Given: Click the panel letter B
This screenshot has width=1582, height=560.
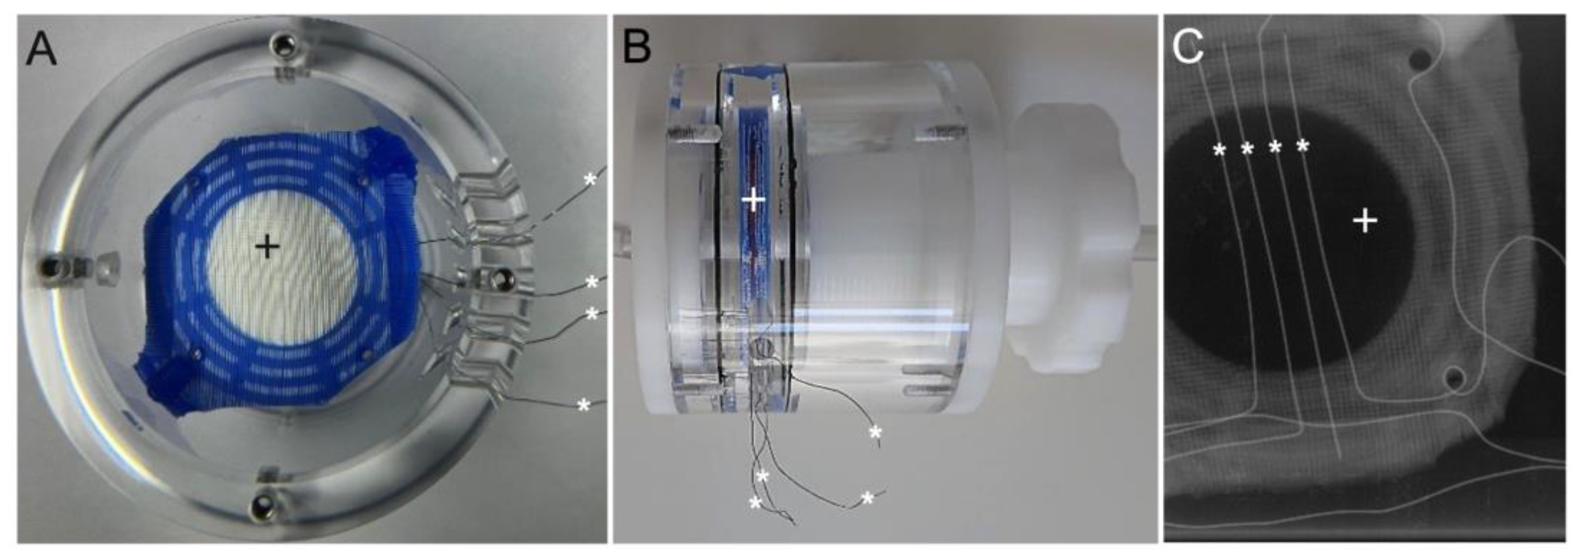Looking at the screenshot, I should click(636, 48).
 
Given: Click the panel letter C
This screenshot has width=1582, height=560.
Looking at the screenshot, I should click(1188, 48).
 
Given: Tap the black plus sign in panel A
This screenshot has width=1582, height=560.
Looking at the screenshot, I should click(267, 247).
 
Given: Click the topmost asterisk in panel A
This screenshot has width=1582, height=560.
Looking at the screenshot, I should click(590, 180).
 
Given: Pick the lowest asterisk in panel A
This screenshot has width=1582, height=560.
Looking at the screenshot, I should click(584, 405).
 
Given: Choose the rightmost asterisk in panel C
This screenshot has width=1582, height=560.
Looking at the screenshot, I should click(1303, 146).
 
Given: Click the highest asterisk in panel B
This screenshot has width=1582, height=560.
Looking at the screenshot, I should click(875, 433).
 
